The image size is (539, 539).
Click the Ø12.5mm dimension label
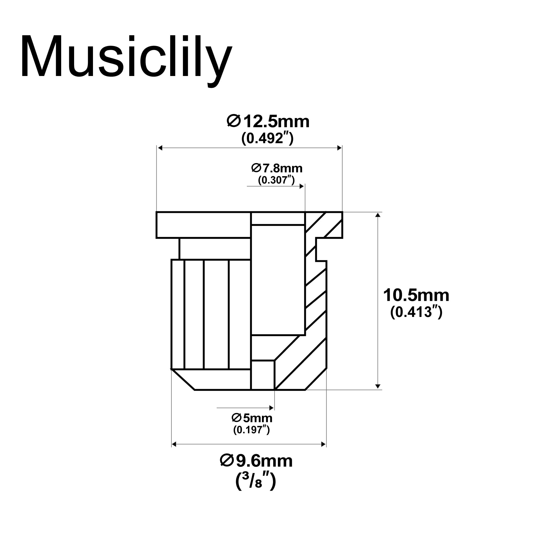point(268,122)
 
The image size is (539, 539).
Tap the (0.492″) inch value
point(267,138)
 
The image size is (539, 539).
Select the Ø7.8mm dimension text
point(277,168)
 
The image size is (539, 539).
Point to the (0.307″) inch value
point(276,180)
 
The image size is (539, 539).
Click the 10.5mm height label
point(416,295)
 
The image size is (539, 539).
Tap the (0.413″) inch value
point(416,312)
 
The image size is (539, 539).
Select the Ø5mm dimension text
point(252,418)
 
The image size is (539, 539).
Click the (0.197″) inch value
point(251,430)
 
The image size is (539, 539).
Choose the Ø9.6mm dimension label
point(256,461)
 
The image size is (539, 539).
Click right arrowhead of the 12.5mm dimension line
point(340,148)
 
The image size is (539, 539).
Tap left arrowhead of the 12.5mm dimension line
point(160,148)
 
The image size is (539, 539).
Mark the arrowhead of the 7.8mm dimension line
point(302,186)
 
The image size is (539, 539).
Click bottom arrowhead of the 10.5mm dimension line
point(378,386)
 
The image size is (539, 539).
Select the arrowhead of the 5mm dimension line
point(271,408)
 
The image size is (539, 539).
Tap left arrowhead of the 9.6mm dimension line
point(174,444)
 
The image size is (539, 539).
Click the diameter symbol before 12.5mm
point(233,122)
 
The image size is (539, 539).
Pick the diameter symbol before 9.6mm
point(227,461)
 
